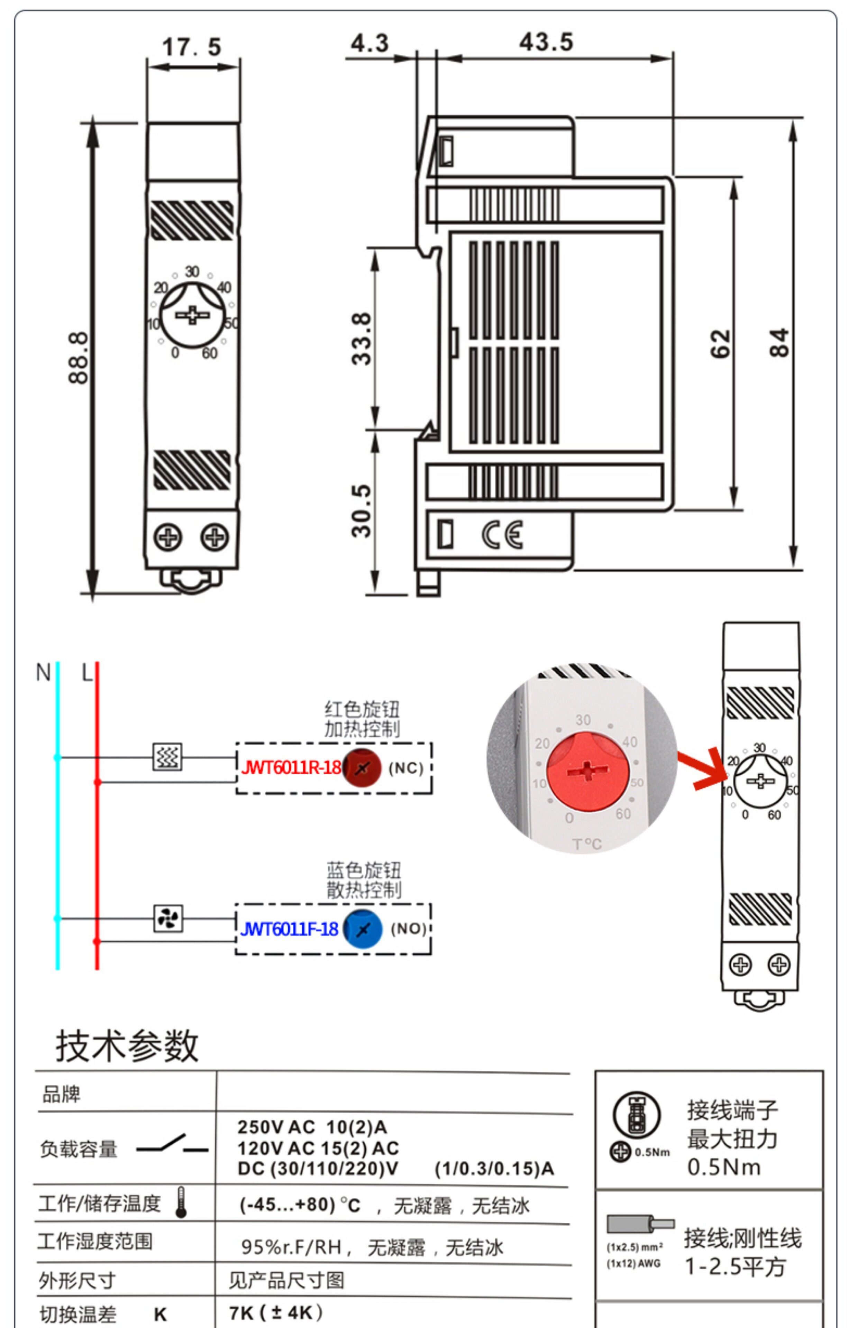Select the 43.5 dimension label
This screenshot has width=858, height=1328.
pos(546,42)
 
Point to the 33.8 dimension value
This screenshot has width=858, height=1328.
pos(362,339)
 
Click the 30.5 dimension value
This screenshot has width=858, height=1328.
pos(362,510)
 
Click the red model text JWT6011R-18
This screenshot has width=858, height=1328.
pos(291,768)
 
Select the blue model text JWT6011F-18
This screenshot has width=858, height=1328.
pos(290,929)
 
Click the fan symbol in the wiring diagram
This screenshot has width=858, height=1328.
pos(168,918)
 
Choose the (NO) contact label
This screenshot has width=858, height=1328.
pos(408,929)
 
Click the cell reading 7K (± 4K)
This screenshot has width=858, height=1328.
pos(276,1312)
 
